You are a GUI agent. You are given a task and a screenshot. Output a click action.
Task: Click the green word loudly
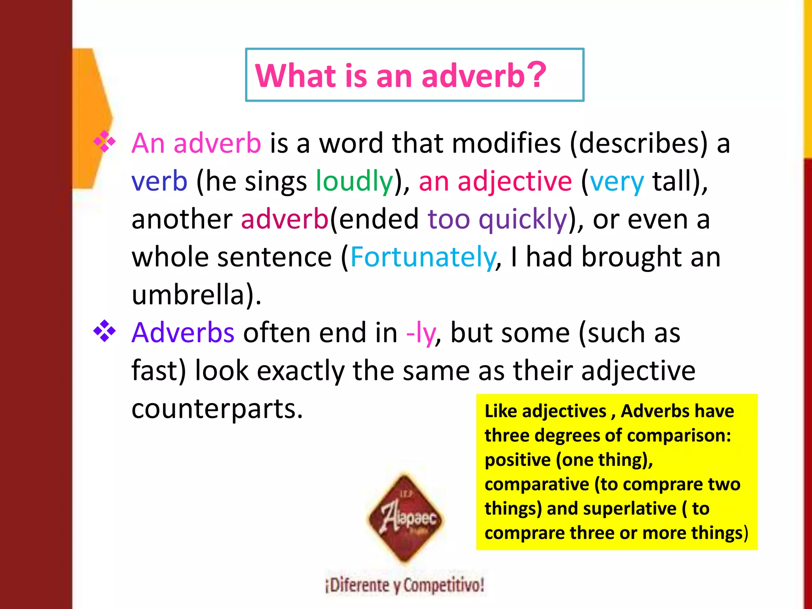point(354,181)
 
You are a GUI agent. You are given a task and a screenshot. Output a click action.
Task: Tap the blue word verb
point(159,181)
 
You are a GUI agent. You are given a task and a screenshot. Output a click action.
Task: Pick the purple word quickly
point(523,219)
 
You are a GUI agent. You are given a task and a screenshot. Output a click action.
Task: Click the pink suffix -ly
point(421,333)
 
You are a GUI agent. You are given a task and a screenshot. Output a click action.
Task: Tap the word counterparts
point(217,408)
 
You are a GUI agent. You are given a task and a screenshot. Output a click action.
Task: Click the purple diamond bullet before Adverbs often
point(104,331)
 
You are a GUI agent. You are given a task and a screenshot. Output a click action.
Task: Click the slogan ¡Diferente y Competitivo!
point(404,585)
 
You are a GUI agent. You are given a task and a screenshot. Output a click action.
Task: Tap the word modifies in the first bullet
point(506,143)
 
